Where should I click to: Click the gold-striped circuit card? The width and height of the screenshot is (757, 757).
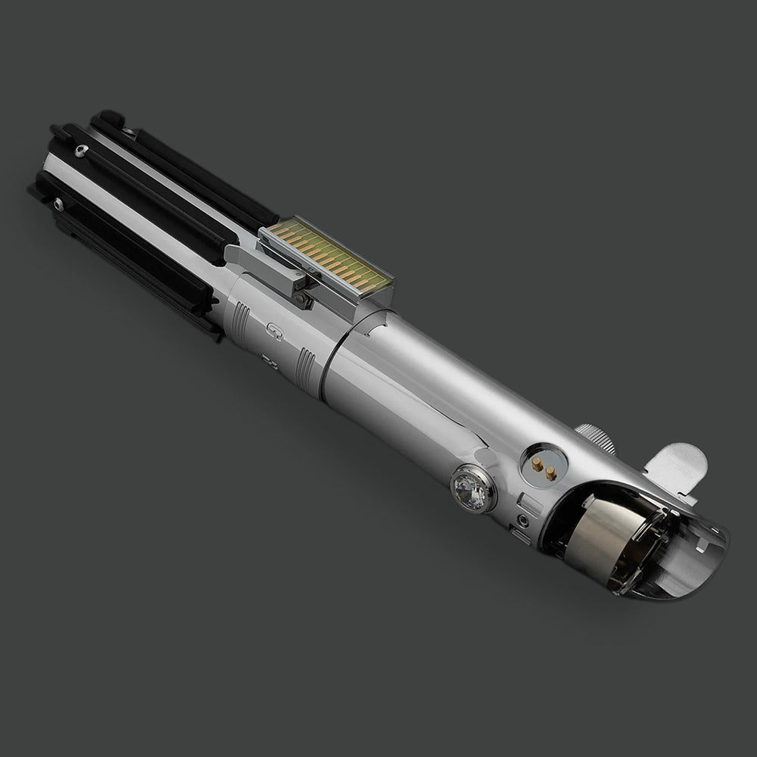pos(324,257)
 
